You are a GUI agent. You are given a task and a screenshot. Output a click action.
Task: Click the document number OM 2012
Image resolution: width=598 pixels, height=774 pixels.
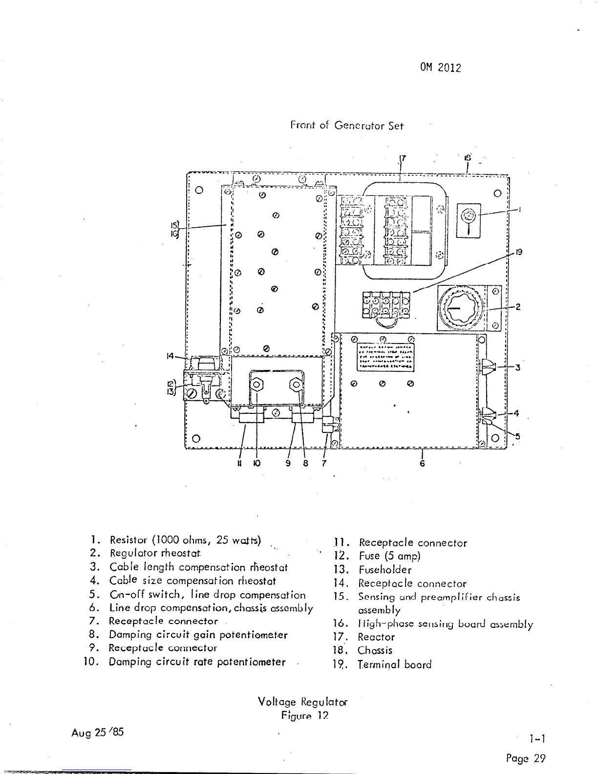click(440, 68)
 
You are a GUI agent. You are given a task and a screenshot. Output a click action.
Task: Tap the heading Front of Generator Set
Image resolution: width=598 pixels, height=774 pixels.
click(347, 126)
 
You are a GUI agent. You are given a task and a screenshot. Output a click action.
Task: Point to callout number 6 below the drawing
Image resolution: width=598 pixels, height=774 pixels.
click(422, 463)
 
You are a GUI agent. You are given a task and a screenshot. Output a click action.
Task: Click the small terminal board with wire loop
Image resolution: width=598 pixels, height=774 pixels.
click(384, 306)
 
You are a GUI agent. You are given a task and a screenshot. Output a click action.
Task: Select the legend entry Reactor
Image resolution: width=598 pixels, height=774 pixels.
click(376, 637)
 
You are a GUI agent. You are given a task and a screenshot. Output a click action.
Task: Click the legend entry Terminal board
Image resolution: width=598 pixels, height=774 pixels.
click(395, 665)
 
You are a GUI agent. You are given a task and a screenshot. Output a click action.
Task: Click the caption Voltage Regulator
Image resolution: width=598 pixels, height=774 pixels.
click(302, 702)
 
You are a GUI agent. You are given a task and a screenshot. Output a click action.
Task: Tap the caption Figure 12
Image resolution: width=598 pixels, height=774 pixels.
click(304, 716)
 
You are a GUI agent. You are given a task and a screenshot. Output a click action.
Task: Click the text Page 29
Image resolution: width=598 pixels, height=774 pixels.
click(525, 758)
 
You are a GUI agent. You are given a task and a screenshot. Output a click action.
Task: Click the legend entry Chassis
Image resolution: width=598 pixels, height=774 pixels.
click(375, 650)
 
